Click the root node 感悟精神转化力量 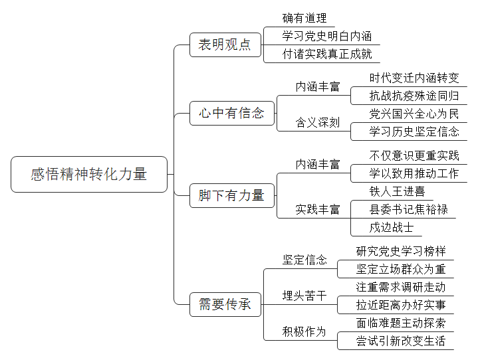coord(89,174)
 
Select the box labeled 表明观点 coord(225,45)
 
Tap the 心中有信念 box coord(232,114)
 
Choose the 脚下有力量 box coord(232,195)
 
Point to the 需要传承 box coord(225,305)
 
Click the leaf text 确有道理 coord(304,19)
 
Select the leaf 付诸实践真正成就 coord(327,54)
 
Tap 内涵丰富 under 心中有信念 coord(318,87)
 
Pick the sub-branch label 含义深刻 coord(318,122)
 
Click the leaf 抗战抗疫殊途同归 coord(414,96)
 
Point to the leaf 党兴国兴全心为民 coord(414,114)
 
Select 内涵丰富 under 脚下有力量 coord(318,165)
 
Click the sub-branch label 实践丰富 coord(318,209)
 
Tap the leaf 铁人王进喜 coord(397,191)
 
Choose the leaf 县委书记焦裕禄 coord(409,209)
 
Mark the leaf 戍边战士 coord(392,228)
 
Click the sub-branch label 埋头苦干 coord(304,296)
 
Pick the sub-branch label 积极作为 coord(304,331)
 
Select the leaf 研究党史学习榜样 coord(401,252)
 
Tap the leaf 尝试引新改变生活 coord(401,341)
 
